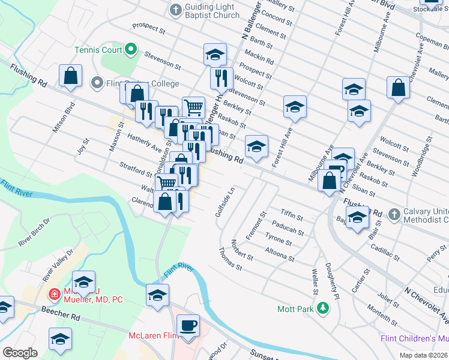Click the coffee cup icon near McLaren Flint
click(190, 325)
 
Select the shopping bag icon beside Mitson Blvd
click(70, 76)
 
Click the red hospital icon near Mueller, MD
click(54, 294)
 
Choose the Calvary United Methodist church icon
click(394, 214)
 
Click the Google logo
click(20, 353)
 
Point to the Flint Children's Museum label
click(414, 338)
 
